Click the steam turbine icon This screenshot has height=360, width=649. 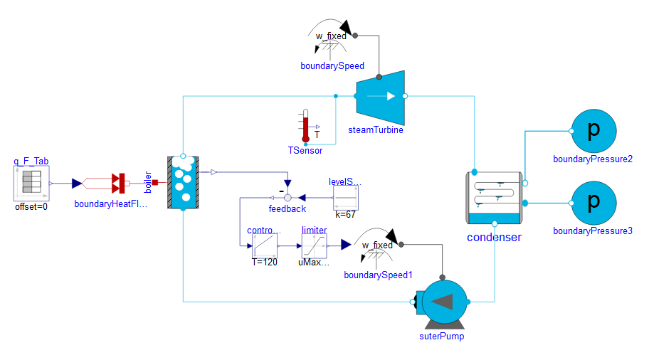coord(380,96)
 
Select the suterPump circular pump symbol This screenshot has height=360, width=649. coord(442,302)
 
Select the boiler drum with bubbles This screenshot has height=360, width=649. coord(183,183)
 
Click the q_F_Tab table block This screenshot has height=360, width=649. coord(31,184)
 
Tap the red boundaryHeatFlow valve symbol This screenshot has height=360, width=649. coord(118,184)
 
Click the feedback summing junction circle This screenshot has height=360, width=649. coord(287,197)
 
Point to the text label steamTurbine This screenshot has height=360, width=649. coord(376,130)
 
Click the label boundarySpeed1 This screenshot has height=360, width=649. coord(378,275)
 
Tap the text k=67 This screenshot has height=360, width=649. coord(346,214)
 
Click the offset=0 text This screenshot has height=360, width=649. coord(31,208)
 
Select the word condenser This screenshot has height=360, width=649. coord(495,237)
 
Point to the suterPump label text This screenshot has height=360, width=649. coord(442,336)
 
